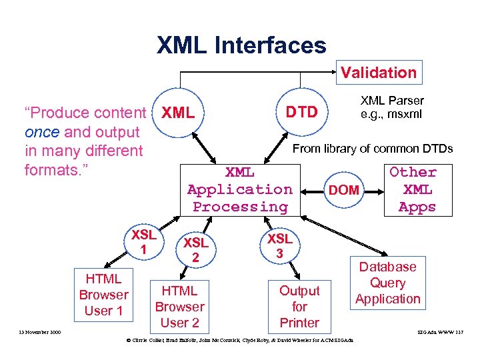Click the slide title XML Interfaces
coord(241,45)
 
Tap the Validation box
coord(378,73)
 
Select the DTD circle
coord(301,112)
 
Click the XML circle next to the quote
coord(178,113)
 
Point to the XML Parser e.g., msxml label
coord(392,107)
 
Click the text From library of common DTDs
coord(373,149)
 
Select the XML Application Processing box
coord(240,189)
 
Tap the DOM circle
coord(344,190)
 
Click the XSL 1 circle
coord(143,242)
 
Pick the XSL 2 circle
coord(196,249)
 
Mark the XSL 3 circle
coord(280,246)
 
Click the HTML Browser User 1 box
coord(103,295)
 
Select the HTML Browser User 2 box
coord(179,307)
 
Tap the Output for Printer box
coord(299,307)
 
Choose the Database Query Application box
coord(387,283)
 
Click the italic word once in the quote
coord(41,132)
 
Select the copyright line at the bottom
coord(240,341)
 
